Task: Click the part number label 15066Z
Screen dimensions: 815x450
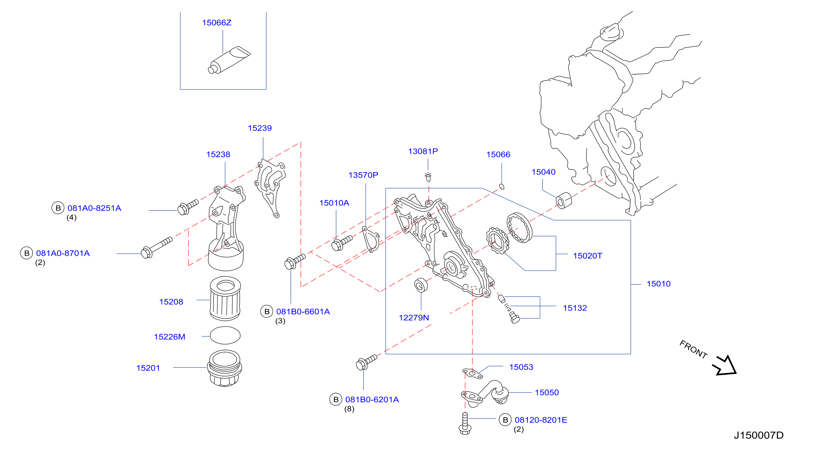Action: [217, 23]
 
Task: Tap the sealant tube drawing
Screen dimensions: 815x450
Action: [229, 60]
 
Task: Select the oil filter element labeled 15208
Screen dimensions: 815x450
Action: [225, 298]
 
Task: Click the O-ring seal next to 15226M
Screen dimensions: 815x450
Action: [225, 335]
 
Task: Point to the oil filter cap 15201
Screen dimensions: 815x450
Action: [225, 368]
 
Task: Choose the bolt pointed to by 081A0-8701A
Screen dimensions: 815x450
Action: [157, 248]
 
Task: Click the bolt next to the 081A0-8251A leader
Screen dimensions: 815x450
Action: [188, 207]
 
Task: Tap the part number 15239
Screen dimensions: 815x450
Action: [260, 128]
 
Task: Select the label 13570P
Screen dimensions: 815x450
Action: [363, 175]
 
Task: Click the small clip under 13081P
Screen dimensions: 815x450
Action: [428, 177]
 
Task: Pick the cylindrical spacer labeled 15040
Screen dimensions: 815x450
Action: [564, 200]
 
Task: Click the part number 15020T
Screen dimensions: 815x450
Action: [587, 256]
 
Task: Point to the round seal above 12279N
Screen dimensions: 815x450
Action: [421, 285]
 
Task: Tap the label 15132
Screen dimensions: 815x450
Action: [575, 308]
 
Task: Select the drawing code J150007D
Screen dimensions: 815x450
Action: [759, 435]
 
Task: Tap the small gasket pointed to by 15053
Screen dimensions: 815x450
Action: [473, 373]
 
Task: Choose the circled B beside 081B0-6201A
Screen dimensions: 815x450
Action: [336, 400]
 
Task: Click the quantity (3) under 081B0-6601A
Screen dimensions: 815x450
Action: [280, 321]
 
